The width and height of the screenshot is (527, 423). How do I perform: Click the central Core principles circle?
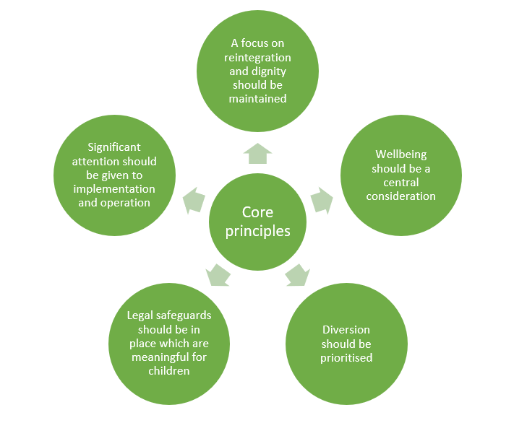point(257,222)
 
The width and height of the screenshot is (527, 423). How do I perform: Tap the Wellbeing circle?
point(401,175)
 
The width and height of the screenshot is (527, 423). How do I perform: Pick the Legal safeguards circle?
point(168,344)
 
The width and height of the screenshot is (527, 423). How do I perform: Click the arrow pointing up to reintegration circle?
point(257,154)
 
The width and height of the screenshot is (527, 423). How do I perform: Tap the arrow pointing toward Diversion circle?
point(297,275)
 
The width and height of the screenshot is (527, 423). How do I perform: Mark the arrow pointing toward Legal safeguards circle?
point(218,275)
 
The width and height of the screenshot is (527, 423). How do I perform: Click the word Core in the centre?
point(257,212)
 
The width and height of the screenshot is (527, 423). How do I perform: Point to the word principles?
point(257,231)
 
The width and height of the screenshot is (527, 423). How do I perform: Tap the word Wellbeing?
point(401,154)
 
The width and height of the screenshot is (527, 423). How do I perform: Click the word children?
point(168,371)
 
